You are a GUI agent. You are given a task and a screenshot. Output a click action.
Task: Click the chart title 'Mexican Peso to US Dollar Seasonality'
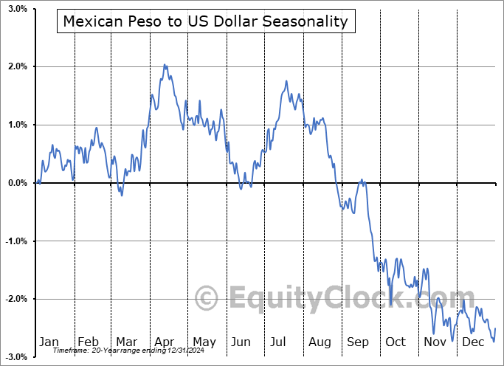(x=205, y=21)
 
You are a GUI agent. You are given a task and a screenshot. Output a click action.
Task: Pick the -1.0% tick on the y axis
(x=15, y=241)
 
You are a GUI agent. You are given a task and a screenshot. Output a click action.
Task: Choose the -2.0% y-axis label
(x=15, y=299)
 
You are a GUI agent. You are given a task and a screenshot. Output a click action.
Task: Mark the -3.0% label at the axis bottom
(x=15, y=356)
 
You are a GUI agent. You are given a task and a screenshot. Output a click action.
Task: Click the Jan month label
(x=49, y=342)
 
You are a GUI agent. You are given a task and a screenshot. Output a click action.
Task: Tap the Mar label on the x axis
(x=126, y=342)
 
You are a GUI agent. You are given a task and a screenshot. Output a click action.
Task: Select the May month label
(x=204, y=342)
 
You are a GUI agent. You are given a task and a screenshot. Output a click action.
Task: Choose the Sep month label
(x=357, y=342)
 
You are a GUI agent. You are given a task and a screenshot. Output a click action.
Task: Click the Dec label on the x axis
(x=472, y=342)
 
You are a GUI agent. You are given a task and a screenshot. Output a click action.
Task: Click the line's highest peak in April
(x=165, y=65)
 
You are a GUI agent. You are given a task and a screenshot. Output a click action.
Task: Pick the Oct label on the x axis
(x=396, y=342)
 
